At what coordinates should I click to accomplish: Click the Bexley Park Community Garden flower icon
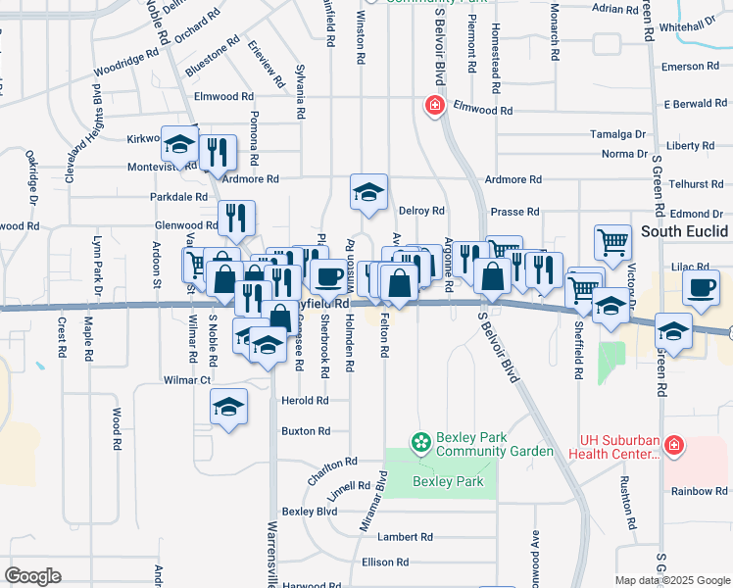[x=420, y=444]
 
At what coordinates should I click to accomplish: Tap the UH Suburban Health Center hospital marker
[x=673, y=446]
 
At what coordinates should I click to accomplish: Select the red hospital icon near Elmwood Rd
[x=432, y=105]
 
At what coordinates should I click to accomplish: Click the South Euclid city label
[x=685, y=231]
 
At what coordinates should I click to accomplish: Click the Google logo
[x=33, y=576]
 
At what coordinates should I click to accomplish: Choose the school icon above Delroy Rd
[x=368, y=192]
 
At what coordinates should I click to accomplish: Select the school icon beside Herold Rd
[x=228, y=407]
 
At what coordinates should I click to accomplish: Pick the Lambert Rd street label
[x=406, y=537]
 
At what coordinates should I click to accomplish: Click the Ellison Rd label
[x=384, y=563]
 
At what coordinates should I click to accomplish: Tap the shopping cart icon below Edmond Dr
[x=612, y=241]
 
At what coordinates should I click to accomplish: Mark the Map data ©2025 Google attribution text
[x=671, y=580]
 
